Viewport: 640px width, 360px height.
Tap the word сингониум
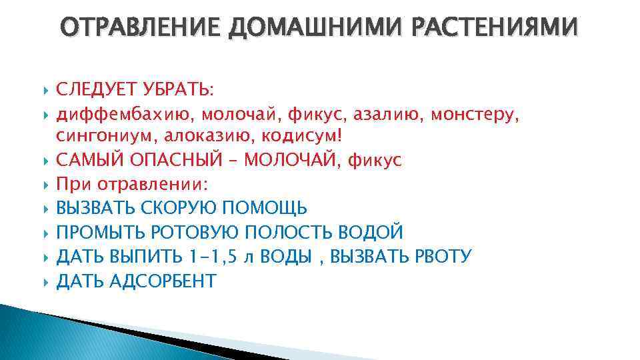click(x=100, y=137)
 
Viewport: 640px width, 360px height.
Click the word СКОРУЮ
click(x=177, y=208)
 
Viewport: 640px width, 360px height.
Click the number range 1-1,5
click(x=208, y=256)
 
